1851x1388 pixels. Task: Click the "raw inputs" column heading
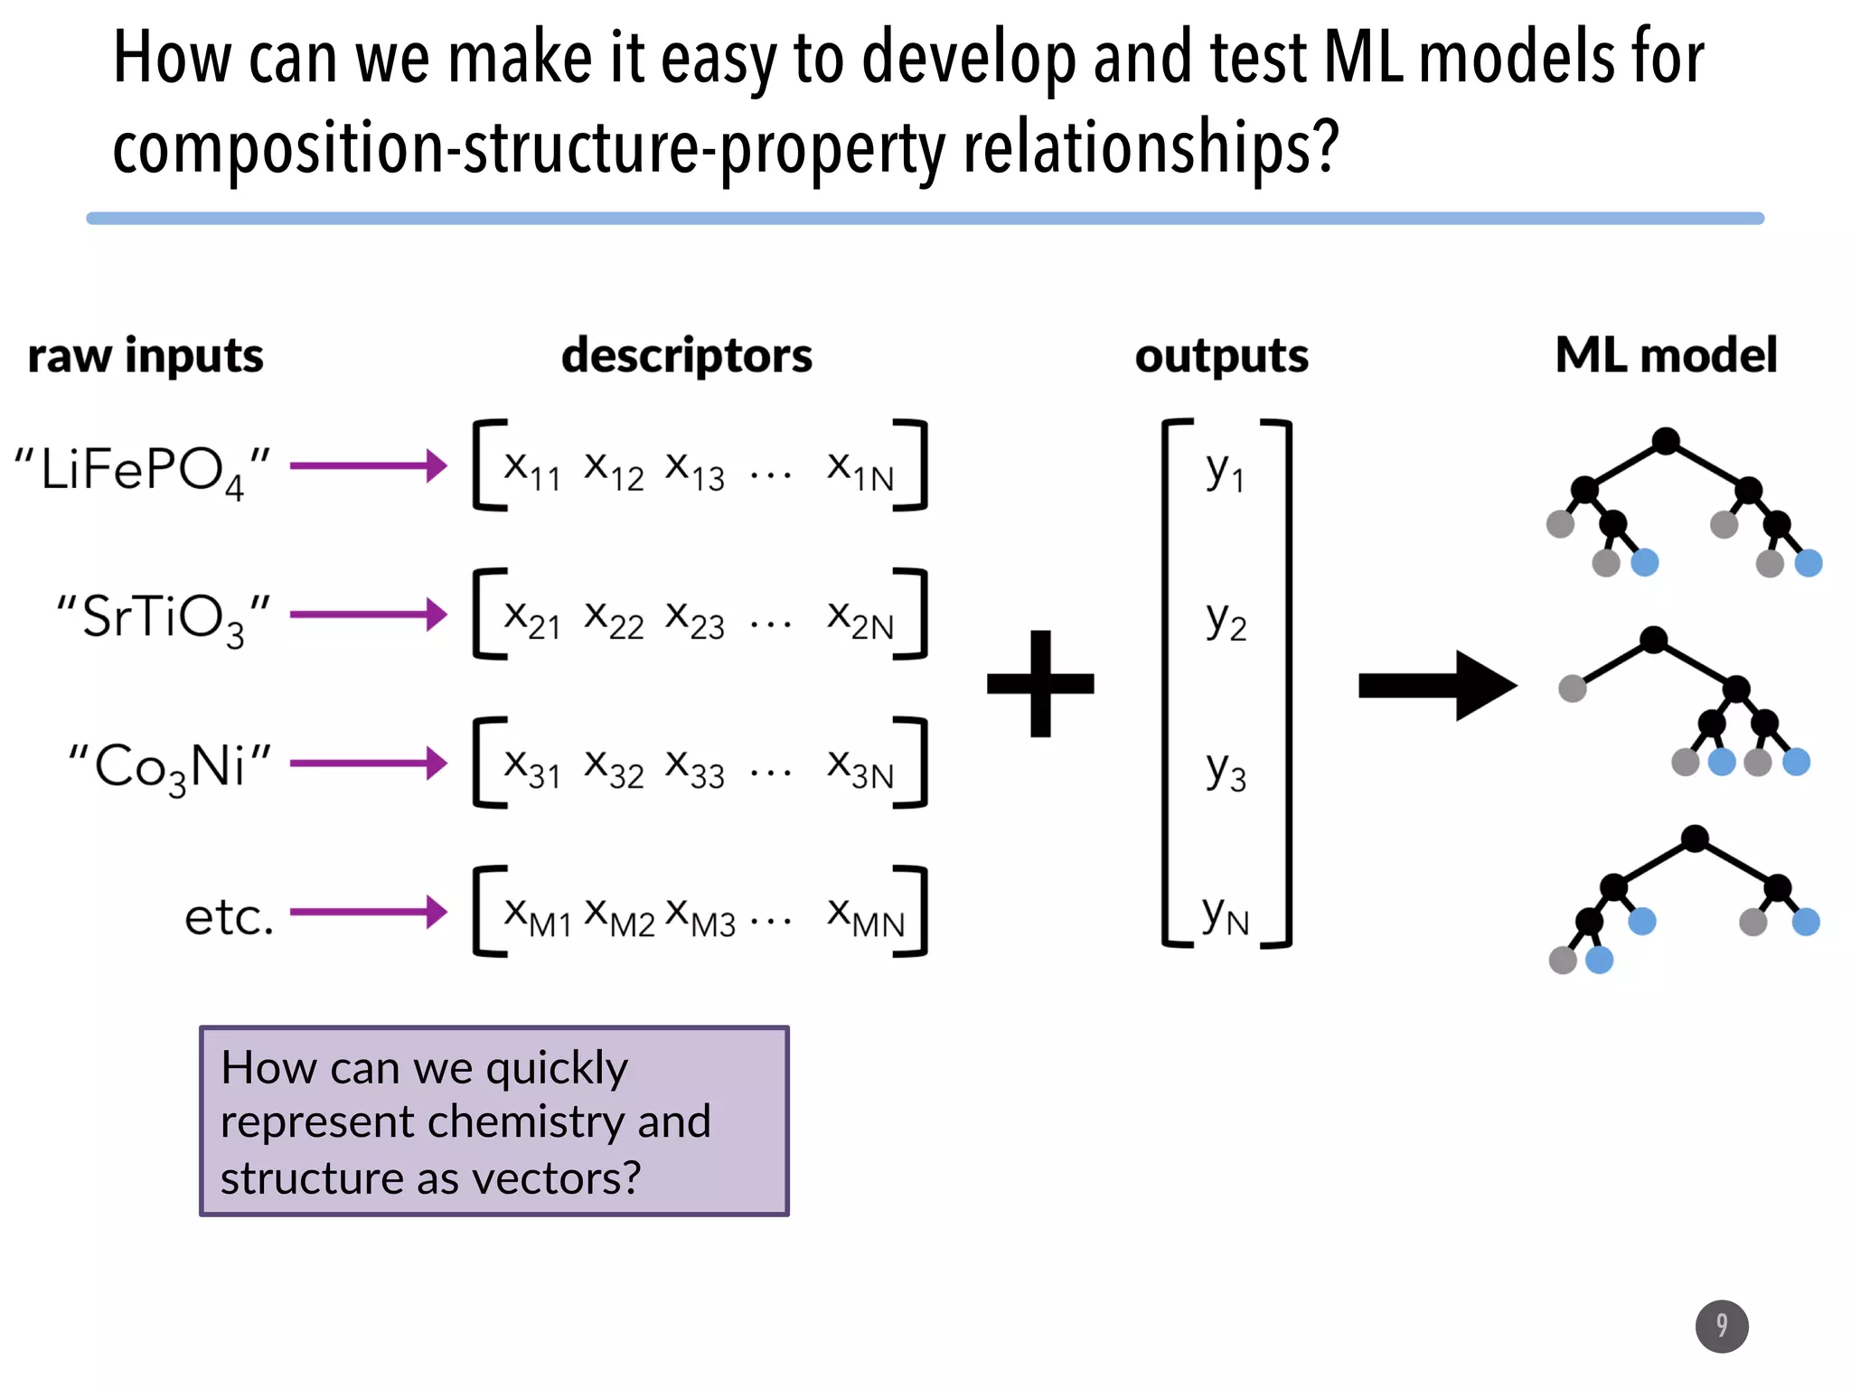(146, 355)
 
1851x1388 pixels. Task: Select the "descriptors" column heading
(687, 355)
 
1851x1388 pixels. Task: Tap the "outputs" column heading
(1221, 355)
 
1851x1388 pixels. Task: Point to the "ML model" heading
(1666, 355)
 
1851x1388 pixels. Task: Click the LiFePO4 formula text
(142, 471)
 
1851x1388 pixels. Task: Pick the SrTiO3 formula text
(163, 619)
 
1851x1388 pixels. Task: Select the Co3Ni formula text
(170, 767)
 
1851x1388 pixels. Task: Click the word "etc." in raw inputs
(229, 916)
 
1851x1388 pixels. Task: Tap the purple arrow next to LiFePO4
(368, 466)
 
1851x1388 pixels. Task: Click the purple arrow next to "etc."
(368, 911)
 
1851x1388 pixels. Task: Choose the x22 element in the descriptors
(614, 619)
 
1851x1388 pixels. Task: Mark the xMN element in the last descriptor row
(865, 916)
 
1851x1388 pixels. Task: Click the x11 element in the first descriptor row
(532, 471)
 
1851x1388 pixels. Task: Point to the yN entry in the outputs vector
(1226, 916)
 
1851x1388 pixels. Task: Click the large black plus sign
(1040, 683)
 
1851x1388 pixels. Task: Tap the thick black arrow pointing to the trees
(1437, 686)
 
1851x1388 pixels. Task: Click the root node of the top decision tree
(1666, 441)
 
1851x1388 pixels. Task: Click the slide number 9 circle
(1721, 1326)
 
